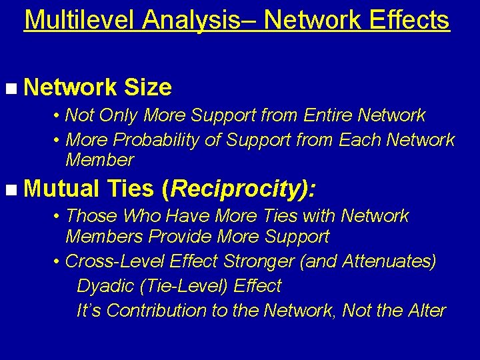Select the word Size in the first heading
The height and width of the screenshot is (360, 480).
coord(148,87)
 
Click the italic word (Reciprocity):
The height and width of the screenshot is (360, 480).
coord(239,189)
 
